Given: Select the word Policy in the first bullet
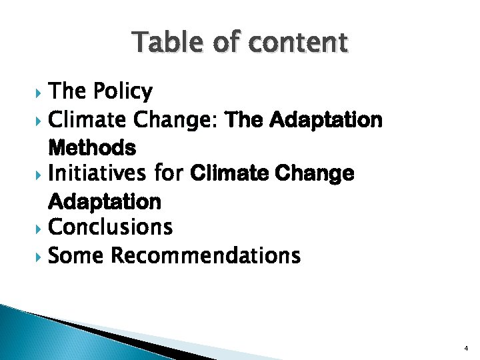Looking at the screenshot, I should [x=123, y=91].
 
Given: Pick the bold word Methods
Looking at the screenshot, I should [x=92, y=147].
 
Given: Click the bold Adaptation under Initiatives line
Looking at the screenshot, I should [x=105, y=201].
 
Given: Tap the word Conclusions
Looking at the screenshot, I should [x=111, y=227].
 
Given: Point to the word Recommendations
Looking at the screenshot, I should [x=205, y=255].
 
